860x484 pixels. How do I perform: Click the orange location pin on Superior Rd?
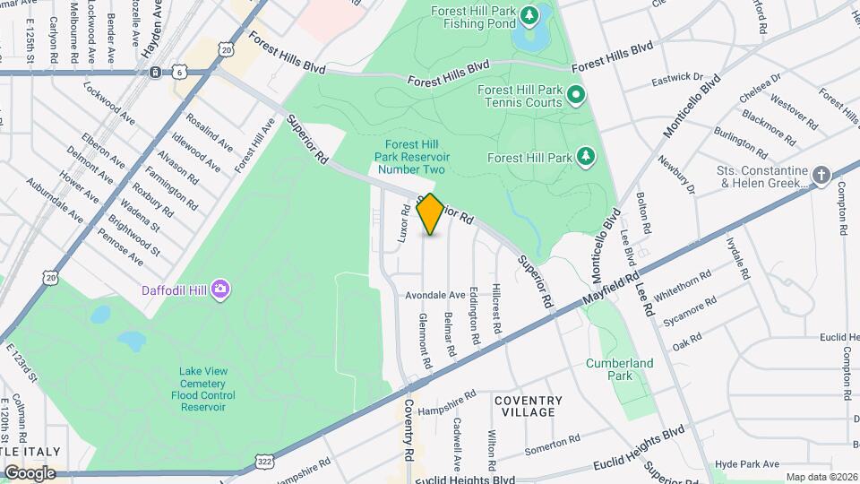point(430,214)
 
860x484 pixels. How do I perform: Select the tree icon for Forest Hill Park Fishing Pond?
point(530,15)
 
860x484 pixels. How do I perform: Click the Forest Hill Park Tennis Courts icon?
point(576,94)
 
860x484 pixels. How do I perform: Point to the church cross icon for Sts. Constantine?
point(821,175)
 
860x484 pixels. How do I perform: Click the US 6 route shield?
point(180,72)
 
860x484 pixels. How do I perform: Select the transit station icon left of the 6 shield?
point(156,72)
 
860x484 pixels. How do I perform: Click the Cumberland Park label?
point(620,369)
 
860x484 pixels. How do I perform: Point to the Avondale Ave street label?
point(435,294)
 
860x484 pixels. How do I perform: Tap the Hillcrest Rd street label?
point(497,311)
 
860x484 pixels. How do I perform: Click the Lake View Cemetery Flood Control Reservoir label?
point(202,389)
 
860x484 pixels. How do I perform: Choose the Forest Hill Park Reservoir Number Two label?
point(411,157)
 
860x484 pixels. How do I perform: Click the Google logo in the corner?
point(30,472)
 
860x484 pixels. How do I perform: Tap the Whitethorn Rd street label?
point(683,286)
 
